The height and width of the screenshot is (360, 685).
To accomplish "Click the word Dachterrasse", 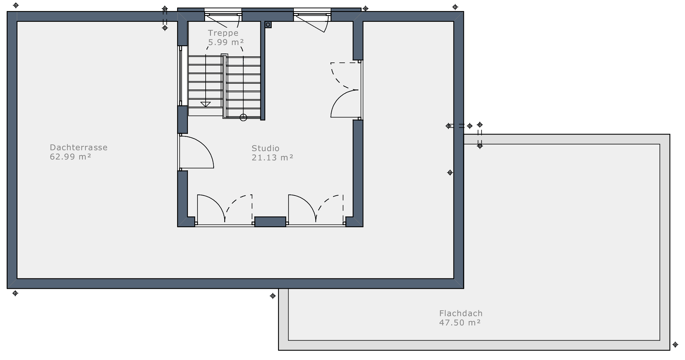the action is (79, 147).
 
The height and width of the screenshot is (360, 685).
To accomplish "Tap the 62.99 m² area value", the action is (70, 157).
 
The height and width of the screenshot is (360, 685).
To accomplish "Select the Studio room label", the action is (265, 148).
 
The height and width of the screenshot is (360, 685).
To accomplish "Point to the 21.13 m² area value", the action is (272, 157).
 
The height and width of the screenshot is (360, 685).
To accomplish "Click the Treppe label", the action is (223, 33).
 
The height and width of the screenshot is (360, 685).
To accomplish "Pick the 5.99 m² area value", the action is (226, 42).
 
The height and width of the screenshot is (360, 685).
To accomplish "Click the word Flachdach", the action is (461, 313).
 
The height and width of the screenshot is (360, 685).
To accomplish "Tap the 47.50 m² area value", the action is (460, 323).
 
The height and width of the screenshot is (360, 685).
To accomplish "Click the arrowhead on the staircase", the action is (206, 104).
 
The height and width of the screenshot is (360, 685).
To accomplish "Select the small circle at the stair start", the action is (243, 117).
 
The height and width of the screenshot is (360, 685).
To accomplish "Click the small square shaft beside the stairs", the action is (268, 25).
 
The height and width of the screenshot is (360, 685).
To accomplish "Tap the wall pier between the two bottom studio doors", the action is (270, 222).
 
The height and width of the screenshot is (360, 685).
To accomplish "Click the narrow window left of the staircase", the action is (180, 76).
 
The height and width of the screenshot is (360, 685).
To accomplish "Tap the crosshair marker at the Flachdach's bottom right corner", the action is (675, 345).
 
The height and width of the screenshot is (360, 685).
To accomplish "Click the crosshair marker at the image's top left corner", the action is (16, 5).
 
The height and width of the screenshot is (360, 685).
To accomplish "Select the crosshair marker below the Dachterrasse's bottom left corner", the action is (15, 293).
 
